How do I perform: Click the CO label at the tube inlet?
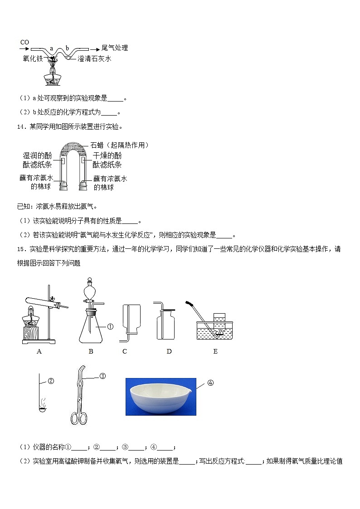[24, 42]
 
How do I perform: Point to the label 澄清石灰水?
[94, 59]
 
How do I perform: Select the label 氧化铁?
[31, 58]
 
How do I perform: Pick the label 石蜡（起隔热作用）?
[120, 145]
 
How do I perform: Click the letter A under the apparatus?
[39, 351]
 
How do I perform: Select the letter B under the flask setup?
[91, 351]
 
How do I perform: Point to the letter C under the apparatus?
[125, 351]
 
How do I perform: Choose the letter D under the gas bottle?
[169, 351]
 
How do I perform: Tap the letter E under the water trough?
[215, 351]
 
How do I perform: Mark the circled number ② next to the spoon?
[51, 381]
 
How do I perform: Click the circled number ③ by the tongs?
[102, 376]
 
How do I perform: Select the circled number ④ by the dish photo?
[210, 383]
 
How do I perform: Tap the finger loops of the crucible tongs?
[78, 417]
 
